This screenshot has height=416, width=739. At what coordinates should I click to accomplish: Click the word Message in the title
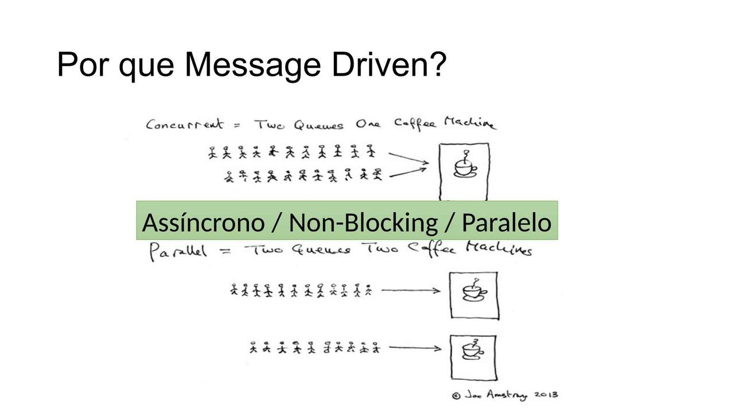point(252,65)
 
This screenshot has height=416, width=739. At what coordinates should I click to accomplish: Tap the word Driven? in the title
point(389,64)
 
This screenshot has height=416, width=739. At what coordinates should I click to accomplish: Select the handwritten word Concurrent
point(185,125)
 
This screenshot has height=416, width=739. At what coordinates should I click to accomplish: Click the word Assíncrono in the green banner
point(203,223)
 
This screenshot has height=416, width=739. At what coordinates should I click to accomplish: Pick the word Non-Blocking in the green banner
point(363,223)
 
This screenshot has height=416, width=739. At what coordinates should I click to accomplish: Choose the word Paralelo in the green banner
point(507,223)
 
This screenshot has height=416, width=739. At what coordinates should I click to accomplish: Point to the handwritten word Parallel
point(178,251)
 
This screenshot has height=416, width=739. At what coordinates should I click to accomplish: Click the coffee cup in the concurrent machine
point(465,165)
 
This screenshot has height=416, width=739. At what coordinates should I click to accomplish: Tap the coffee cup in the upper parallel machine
point(474,290)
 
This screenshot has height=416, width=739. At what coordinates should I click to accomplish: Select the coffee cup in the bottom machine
point(473,349)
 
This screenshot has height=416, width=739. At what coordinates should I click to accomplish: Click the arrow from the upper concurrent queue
point(409,158)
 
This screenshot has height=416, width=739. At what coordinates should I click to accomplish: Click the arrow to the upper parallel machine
point(411,291)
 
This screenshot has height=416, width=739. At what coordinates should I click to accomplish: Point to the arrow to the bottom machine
point(415,348)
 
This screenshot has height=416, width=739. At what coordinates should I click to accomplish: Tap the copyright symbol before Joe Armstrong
point(456,395)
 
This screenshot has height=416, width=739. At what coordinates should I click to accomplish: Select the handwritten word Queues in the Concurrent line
point(318,125)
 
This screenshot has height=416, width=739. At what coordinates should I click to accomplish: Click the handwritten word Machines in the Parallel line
point(499,249)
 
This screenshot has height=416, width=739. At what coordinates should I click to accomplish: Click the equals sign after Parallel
point(226,251)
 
